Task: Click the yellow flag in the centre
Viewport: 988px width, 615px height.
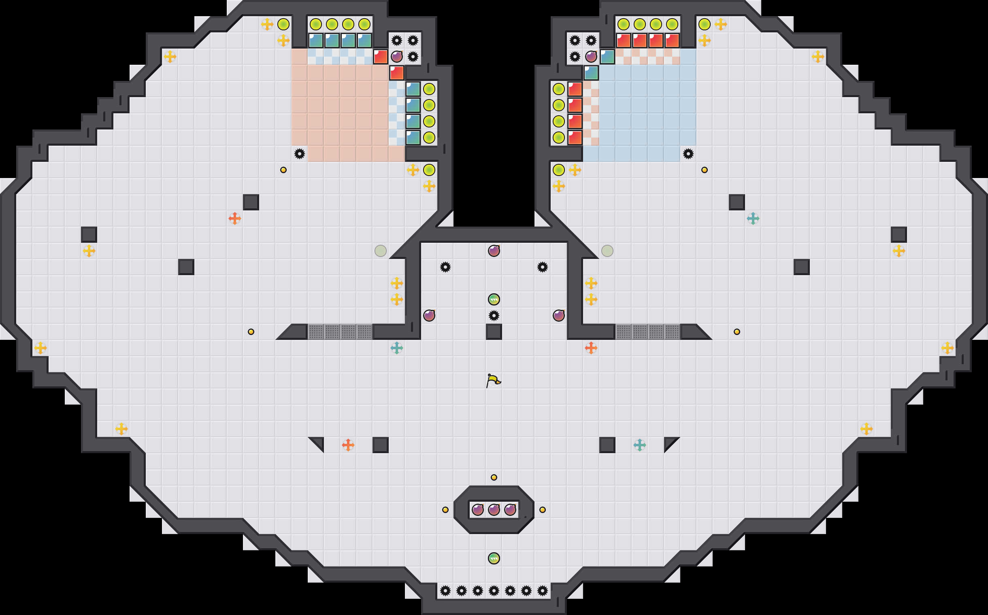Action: [493, 380]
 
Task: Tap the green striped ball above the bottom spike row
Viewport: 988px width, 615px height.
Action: [494, 558]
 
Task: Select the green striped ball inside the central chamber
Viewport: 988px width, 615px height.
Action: [494, 299]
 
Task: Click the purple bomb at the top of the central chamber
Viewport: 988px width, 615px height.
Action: [494, 250]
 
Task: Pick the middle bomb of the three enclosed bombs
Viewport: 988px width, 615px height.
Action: [494, 509]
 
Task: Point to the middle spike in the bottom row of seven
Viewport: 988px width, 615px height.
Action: [494, 591]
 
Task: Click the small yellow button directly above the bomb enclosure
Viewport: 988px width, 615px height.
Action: [494, 477]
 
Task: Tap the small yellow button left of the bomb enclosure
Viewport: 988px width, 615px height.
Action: [445, 510]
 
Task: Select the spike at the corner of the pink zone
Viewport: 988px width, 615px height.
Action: [300, 154]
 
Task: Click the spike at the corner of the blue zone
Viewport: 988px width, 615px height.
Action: [688, 154]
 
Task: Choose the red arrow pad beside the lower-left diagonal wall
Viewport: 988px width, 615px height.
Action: [348, 445]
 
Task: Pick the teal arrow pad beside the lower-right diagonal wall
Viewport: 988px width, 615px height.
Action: [639, 445]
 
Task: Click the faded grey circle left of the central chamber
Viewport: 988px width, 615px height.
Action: [381, 250]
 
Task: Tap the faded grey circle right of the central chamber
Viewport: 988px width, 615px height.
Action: [607, 250]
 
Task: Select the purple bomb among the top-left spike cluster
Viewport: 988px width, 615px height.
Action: [397, 57]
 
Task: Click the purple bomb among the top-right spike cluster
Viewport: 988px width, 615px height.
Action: [591, 57]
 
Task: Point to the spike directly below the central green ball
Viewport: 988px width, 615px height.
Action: [494, 315]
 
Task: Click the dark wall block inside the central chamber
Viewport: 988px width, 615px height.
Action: [494, 331]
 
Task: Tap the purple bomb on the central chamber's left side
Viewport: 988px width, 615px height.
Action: [429, 315]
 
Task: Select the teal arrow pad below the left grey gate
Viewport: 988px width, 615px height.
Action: [397, 348]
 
